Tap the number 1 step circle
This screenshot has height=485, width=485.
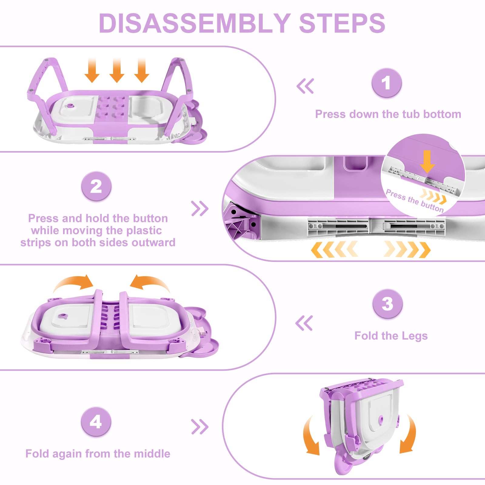point(386,83)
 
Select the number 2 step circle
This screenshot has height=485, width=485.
point(96,186)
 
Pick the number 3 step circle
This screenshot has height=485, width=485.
point(387,303)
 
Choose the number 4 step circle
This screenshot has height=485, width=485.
point(96,422)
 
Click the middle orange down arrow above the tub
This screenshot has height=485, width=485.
point(117,71)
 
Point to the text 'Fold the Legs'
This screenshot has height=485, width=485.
point(391,336)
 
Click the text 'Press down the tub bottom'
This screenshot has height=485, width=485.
point(388,114)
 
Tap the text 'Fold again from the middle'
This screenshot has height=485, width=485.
point(98,454)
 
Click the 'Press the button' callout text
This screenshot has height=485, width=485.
point(414,201)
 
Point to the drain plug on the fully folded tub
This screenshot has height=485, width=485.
point(381,420)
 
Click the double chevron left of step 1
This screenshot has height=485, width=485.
point(305,86)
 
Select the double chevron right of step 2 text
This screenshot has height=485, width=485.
point(200,209)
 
